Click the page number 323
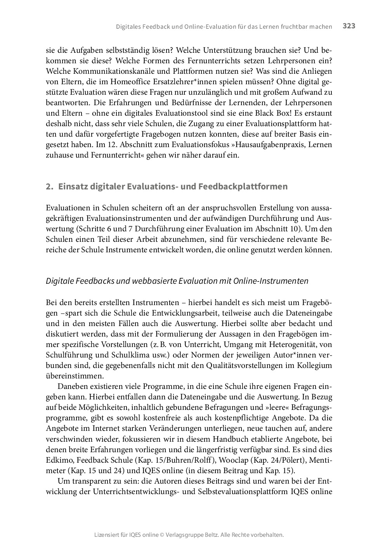(349, 26)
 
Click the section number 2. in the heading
(49, 186)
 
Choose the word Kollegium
(314, 365)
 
